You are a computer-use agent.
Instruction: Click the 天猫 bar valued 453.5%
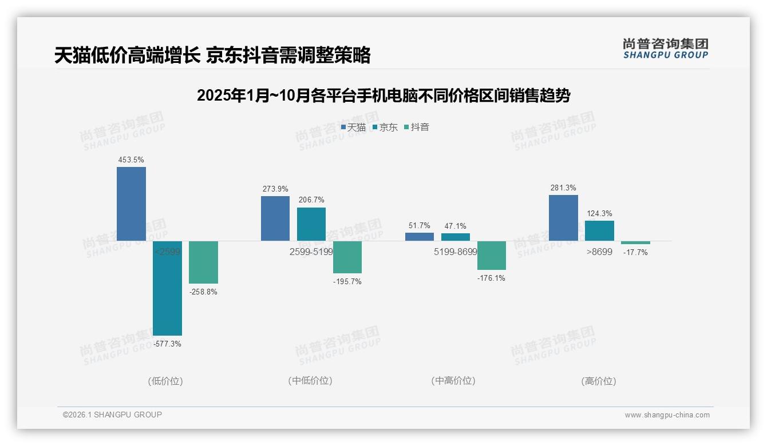coord(131,204)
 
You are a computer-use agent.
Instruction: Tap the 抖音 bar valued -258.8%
coord(203,262)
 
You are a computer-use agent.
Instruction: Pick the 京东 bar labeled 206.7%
coord(311,224)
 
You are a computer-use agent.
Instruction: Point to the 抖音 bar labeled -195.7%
coord(347,257)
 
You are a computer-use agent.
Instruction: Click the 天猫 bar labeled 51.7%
coord(420,236)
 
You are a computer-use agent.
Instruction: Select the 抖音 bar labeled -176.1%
coord(492,255)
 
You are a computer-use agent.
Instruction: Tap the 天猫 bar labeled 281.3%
coord(563,217)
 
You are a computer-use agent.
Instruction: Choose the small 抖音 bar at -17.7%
coord(635,242)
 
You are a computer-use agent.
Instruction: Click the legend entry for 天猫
coord(353,127)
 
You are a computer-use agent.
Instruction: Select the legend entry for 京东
coord(385,127)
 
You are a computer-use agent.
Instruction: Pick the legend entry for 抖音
coord(417,127)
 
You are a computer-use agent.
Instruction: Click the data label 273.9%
coord(275,189)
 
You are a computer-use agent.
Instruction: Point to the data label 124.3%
coord(599,213)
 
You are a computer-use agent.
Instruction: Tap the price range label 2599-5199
coord(311,252)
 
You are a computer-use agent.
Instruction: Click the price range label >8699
coord(599,252)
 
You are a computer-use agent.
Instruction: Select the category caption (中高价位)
coord(453,381)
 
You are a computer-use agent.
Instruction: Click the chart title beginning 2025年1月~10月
coord(383,95)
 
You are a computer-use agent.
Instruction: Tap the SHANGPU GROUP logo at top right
coord(665,48)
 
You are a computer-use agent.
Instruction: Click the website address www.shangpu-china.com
coord(667,415)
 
